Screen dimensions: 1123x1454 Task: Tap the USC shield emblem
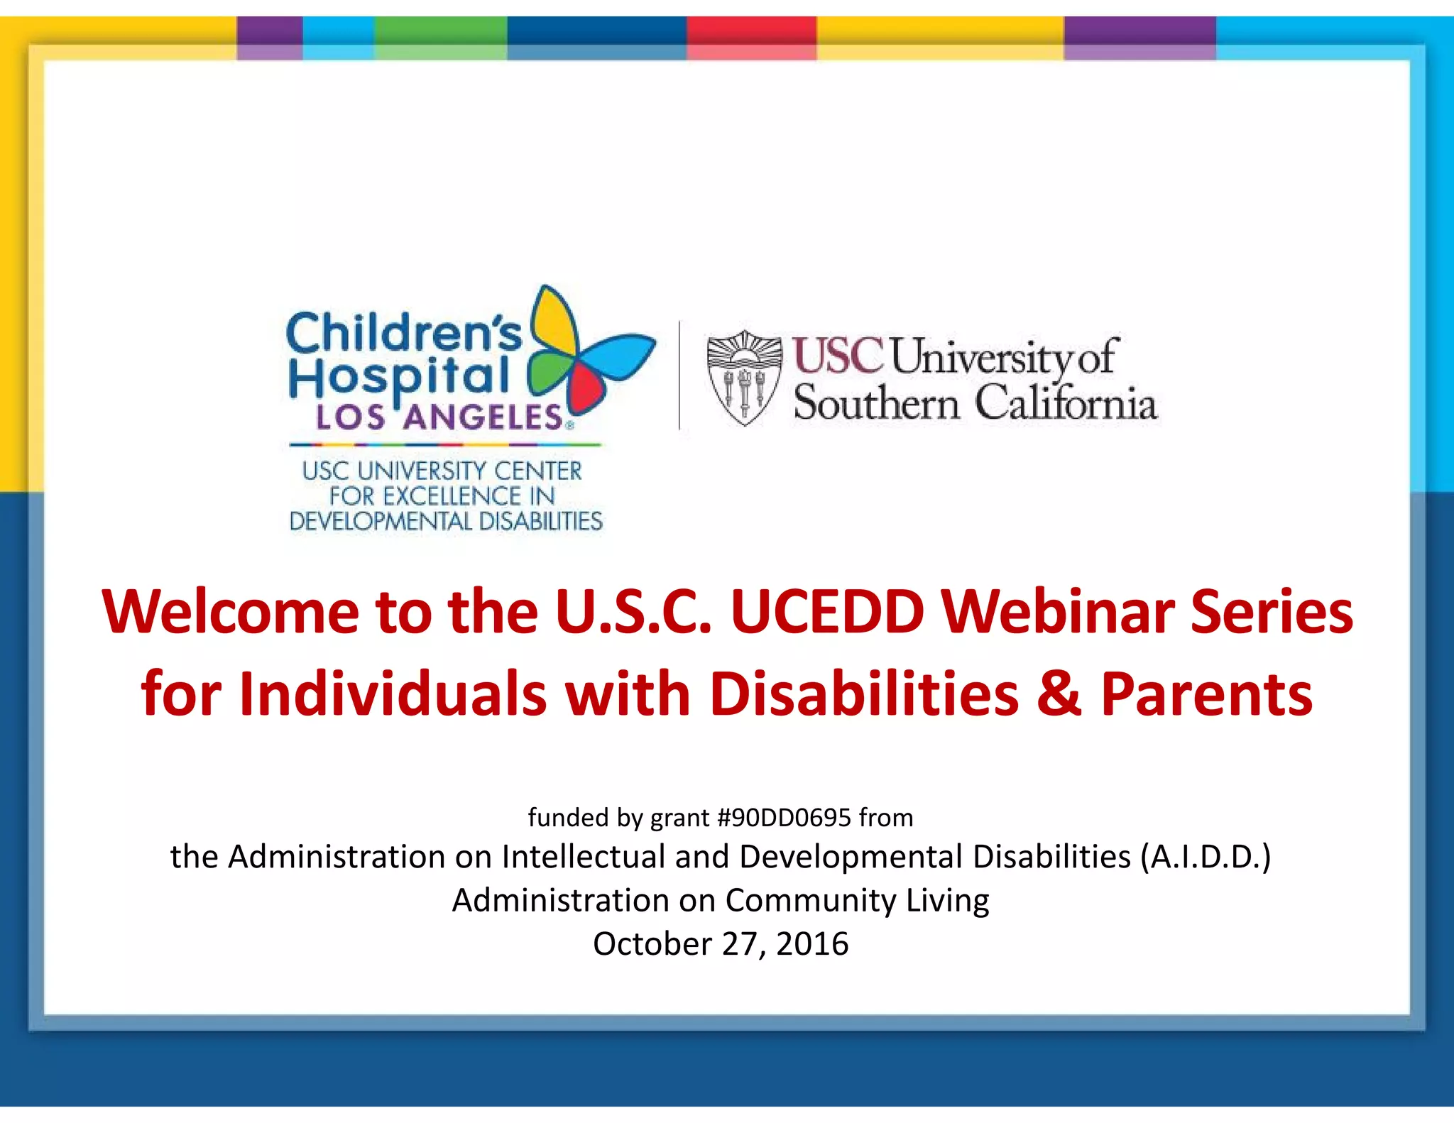tap(744, 378)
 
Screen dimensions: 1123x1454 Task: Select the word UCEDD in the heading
tap(827, 612)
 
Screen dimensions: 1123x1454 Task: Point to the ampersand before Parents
tap(1059, 694)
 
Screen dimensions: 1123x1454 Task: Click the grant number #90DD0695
tap(784, 818)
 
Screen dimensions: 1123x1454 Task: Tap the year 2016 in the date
tap(812, 944)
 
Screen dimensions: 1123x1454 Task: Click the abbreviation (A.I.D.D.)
tap(1205, 857)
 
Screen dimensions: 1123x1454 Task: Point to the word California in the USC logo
tap(1065, 402)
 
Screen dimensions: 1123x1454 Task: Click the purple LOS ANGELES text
tap(440, 417)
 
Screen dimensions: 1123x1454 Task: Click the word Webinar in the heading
tap(1058, 612)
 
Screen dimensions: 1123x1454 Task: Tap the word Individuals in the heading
tap(393, 694)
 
